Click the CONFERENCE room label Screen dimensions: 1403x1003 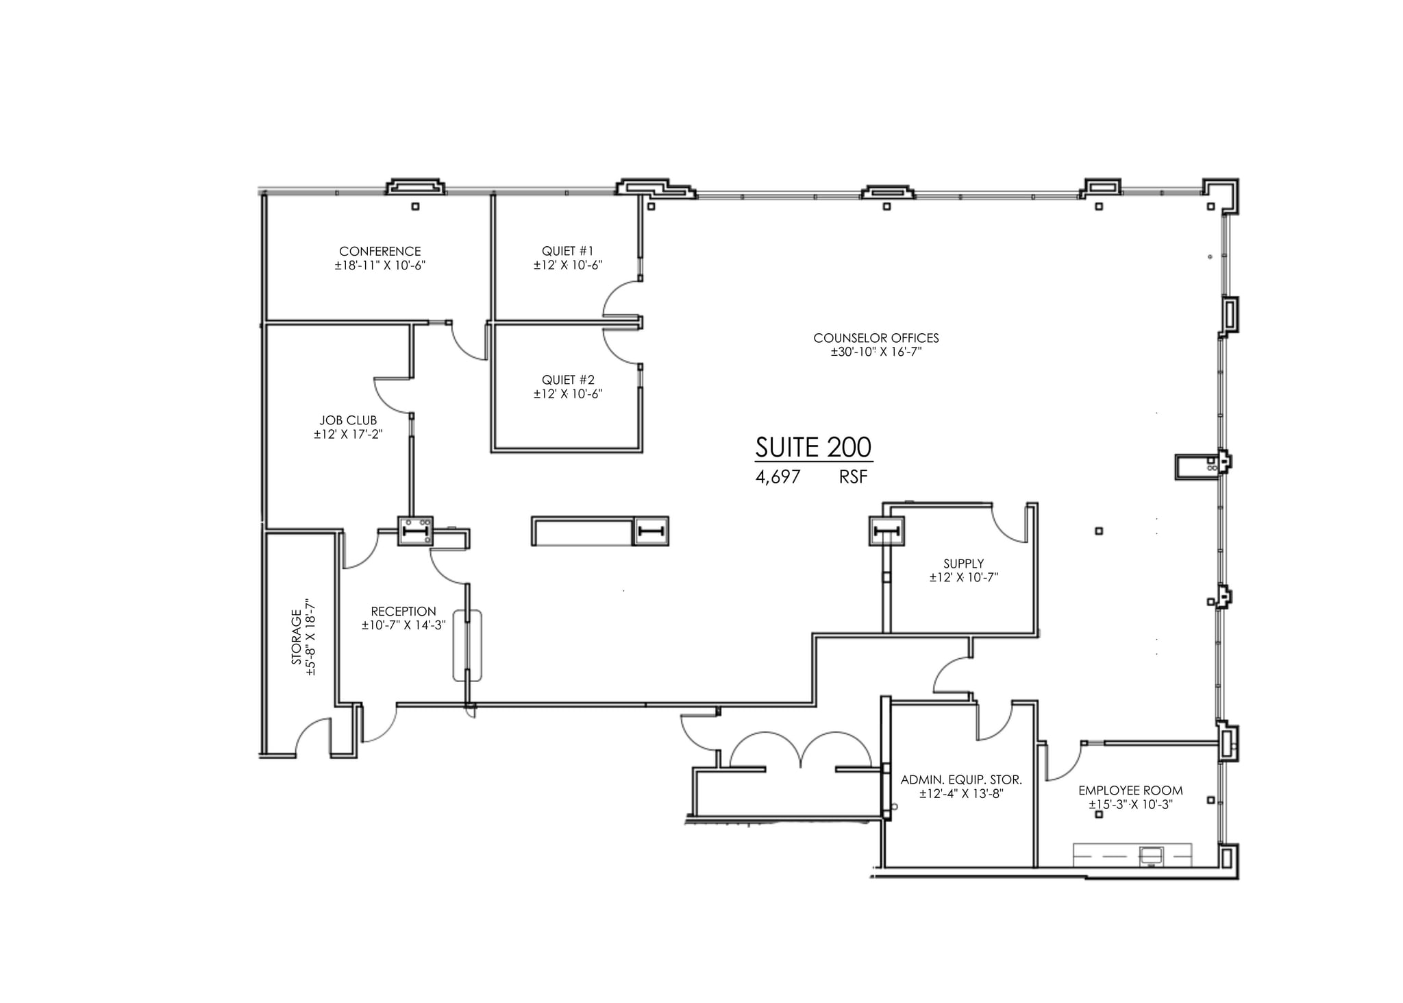click(380, 252)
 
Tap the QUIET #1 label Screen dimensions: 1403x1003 click(568, 252)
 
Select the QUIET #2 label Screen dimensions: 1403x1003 click(568, 380)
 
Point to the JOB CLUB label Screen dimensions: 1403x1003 click(348, 420)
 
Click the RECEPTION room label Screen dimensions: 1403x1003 click(403, 612)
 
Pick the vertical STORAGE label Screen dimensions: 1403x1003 click(297, 637)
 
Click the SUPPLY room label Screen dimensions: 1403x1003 click(963, 564)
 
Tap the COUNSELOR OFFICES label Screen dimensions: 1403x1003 click(876, 338)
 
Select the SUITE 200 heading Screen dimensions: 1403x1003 click(813, 447)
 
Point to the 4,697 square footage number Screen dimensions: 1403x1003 click(778, 477)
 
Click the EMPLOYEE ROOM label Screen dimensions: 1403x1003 click(1130, 790)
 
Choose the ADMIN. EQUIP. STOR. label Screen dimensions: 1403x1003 click(961, 780)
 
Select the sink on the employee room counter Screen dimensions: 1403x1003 click(1151, 855)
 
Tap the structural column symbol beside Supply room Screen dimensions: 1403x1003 click(886, 531)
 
